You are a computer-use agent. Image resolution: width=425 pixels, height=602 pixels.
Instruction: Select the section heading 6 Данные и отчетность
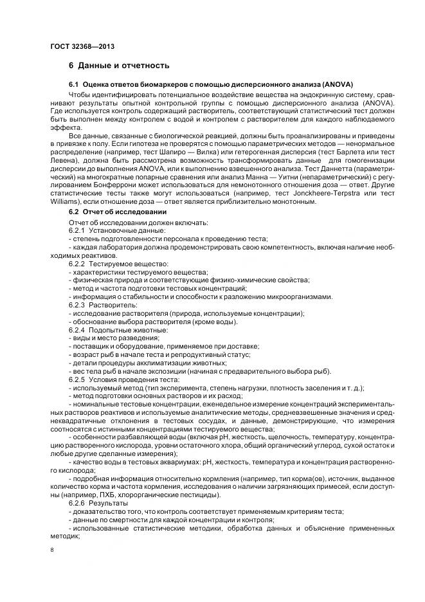pos(119,66)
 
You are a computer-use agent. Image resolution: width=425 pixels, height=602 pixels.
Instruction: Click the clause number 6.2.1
pos(77,230)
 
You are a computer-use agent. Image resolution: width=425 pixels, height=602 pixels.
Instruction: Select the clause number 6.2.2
pos(77,264)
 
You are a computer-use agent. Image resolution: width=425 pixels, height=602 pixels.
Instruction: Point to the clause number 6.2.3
pos(77,305)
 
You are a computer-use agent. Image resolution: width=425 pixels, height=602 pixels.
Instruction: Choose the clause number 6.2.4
pos(77,329)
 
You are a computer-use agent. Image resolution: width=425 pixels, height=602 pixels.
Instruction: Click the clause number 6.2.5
pos(77,379)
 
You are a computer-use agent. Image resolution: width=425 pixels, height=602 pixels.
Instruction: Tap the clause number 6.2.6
pos(77,503)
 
